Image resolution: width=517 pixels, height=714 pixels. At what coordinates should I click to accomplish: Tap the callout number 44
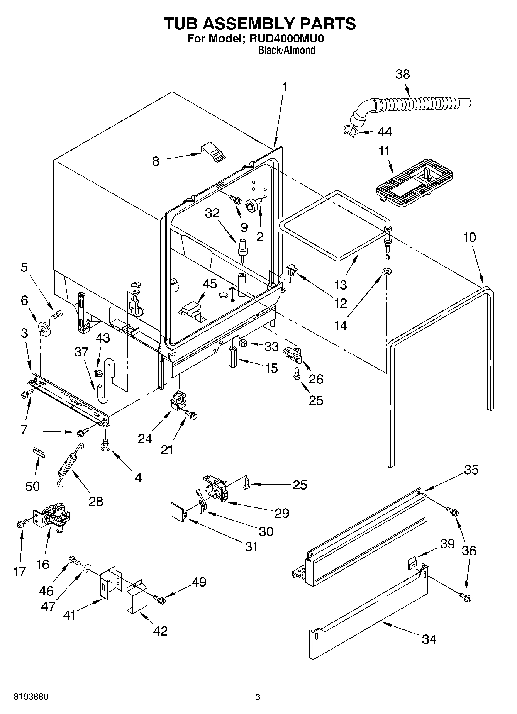[385, 132]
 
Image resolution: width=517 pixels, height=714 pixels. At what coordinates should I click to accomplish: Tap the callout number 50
[33, 486]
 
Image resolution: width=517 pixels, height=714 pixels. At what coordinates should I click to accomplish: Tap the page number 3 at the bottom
[258, 697]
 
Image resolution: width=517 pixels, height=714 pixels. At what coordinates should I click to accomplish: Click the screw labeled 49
[159, 599]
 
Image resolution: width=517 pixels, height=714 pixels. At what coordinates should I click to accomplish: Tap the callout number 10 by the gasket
[469, 237]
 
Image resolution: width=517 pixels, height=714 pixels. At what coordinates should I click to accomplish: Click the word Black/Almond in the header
[286, 50]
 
